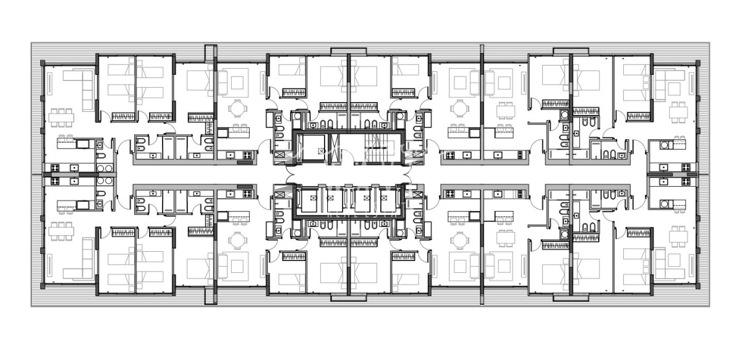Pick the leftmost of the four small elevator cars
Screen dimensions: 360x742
307,199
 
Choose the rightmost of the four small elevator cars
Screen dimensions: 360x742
387,199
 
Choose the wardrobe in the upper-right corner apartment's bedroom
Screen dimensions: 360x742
639,116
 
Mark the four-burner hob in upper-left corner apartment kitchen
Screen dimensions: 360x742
54,168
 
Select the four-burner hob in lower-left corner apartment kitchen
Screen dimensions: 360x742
54,181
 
